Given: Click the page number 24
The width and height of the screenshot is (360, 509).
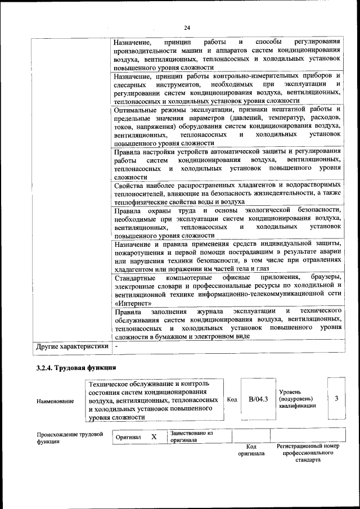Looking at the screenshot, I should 187,28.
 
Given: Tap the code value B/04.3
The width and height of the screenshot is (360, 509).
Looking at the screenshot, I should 258,399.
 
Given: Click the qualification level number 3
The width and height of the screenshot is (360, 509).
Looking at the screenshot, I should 336,398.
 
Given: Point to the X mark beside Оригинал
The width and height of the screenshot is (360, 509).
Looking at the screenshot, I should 154,437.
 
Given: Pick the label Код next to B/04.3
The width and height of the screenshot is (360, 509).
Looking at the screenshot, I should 231,399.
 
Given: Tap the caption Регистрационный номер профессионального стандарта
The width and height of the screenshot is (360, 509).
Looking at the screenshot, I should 308,453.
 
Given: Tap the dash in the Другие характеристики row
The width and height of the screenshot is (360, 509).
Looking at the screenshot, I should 116,346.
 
